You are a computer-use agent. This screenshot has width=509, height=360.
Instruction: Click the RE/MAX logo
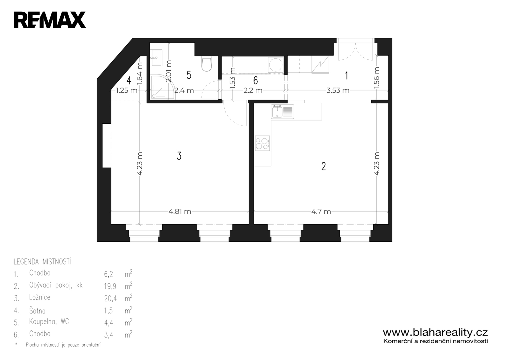coord(50,20)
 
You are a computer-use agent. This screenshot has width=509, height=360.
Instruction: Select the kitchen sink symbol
coord(282,112)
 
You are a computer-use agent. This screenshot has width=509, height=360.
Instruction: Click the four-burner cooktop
coord(262,143)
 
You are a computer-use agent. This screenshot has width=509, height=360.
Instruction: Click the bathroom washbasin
coord(156,58)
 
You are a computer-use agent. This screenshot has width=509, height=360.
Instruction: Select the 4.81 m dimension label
coord(180,212)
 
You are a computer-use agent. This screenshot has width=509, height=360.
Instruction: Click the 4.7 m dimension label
coord(321,212)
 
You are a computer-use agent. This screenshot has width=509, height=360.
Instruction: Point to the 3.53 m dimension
coord(338,90)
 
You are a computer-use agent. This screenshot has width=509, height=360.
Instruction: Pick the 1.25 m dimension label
coord(127,90)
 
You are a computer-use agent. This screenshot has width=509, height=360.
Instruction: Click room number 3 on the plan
coord(179,156)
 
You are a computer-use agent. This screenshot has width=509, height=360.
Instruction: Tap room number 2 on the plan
coord(324,166)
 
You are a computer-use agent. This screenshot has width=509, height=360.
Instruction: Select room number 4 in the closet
coord(129,80)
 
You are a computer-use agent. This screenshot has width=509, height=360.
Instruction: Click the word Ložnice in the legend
coord(40,297)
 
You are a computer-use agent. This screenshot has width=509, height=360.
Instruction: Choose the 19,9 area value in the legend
coord(110,286)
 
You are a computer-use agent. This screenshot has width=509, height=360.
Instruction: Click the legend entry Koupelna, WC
coord(49,322)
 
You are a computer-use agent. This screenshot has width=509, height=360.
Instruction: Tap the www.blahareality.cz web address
coord(435,333)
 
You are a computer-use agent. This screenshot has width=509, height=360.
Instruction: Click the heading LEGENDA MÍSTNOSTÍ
coord(42,262)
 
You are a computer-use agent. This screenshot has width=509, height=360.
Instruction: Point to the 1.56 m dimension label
coord(377,77)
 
